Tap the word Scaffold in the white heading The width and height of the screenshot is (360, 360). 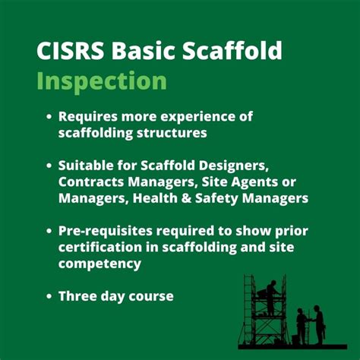click(235, 52)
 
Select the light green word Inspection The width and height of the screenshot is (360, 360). click(102, 81)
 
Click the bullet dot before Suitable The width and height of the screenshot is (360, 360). click(49, 165)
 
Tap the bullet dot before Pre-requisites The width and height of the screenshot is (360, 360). click(49, 230)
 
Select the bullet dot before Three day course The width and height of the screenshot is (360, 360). click(49, 295)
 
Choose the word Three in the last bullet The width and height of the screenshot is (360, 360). click(78, 295)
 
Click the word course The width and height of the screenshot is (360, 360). click(150, 295)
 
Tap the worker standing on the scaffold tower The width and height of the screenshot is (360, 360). click(271, 298)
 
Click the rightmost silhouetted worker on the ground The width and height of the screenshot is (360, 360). click(319, 323)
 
